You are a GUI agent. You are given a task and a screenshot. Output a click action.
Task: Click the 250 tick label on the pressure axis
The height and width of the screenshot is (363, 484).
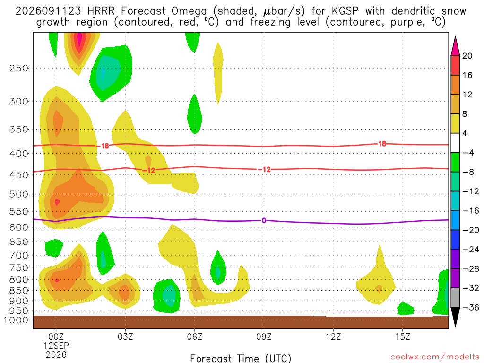coord(19,68)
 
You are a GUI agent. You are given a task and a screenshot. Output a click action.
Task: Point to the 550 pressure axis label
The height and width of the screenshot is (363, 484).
coord(19,211)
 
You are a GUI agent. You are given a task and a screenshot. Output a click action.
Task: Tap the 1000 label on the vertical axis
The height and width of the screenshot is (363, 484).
coord(16,320)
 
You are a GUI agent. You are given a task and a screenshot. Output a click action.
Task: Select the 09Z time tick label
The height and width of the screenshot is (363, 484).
coord(264,337)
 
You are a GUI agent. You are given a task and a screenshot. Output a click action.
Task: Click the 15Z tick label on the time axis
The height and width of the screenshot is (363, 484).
coord(403,337)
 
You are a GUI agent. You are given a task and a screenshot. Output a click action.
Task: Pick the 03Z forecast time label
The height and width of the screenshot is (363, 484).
coord(125,337)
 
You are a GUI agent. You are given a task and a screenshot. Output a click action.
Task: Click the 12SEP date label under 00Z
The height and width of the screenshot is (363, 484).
coord(56,346)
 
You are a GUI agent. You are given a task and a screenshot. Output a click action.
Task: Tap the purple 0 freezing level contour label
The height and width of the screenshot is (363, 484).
coord(264,220)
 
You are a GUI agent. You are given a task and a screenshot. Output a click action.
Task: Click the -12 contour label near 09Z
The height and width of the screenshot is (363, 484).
coord(264,170)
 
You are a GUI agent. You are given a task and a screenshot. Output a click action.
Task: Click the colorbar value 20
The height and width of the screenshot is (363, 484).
coord(467,56)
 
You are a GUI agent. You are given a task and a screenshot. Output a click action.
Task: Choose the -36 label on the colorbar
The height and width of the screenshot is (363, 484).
coord(471,307)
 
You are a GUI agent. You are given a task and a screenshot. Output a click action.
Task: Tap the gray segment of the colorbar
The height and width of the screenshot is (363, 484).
coord(455,298)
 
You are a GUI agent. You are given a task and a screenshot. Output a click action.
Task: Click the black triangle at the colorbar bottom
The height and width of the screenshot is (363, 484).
coord(455,317)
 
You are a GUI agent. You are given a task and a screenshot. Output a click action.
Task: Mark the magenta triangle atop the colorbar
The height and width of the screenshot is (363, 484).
coord(455,46)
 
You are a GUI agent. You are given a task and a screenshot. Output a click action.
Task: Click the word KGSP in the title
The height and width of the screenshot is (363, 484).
coord(346,11)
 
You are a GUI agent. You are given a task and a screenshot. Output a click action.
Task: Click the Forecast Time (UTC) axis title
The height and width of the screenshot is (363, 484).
coord(241,358)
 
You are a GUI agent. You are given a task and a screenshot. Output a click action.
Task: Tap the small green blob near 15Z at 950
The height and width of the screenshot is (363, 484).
coord(405,309)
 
